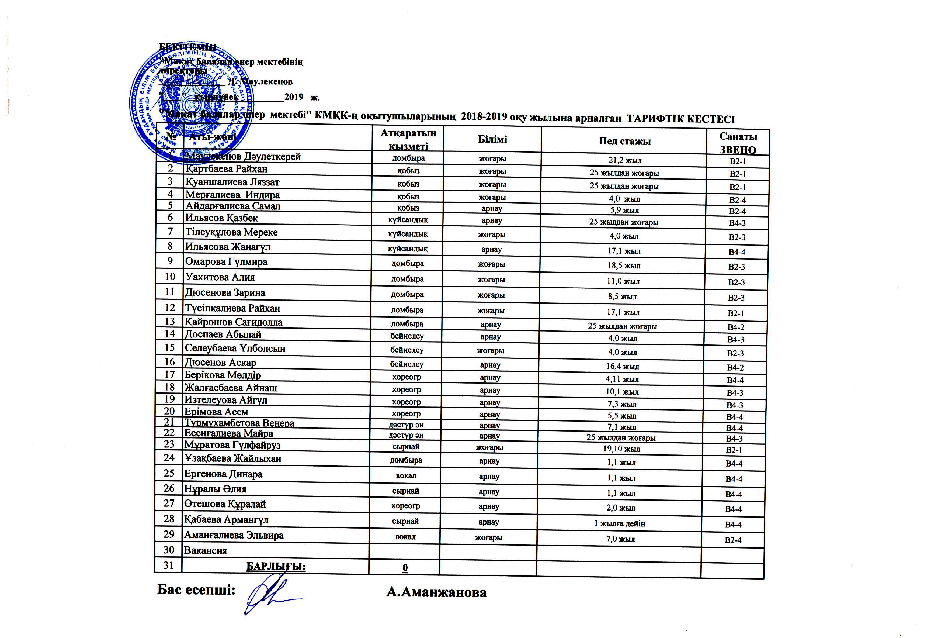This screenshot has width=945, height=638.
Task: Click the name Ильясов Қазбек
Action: [x=222, y=218]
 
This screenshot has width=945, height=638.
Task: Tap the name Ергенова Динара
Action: [x=223, y=474]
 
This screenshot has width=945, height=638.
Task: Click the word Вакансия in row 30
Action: [x=205, y=550]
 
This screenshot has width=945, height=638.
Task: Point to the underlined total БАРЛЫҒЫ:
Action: [x=276, y=566]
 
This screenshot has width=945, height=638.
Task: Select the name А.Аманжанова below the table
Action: [x=436, y=592]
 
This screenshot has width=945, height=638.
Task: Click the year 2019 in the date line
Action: [x=294, y=97]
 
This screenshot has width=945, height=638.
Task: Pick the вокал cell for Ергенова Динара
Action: [x=405, y=476]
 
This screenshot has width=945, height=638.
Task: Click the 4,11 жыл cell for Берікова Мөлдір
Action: [x=622, y=379]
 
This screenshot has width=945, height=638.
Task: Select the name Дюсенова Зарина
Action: [x=225, y=292]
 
